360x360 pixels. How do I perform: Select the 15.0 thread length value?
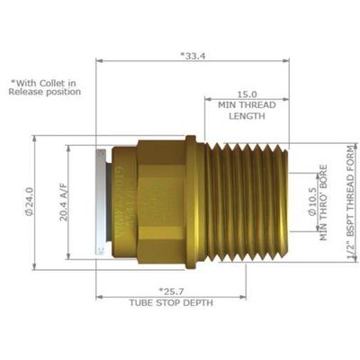tap(246, 93)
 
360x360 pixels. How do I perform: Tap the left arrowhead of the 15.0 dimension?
tap(208, 99)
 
